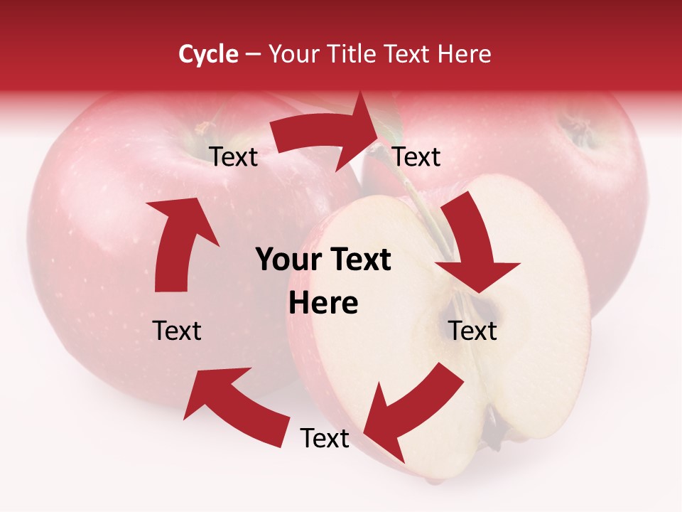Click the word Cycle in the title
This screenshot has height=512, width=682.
click(208, 54)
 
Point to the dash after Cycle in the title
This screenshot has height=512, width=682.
click(253, 55)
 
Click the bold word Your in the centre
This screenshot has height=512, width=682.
click(283, 260)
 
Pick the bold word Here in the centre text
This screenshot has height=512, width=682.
click(323, 304)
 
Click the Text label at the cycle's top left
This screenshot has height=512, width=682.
click(234, 157)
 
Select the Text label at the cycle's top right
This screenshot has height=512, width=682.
click(416, 157)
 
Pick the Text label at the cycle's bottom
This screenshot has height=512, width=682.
click(325, 439)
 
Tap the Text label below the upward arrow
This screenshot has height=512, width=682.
click(178, 331)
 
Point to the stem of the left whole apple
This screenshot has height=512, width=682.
click(205, 128)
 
